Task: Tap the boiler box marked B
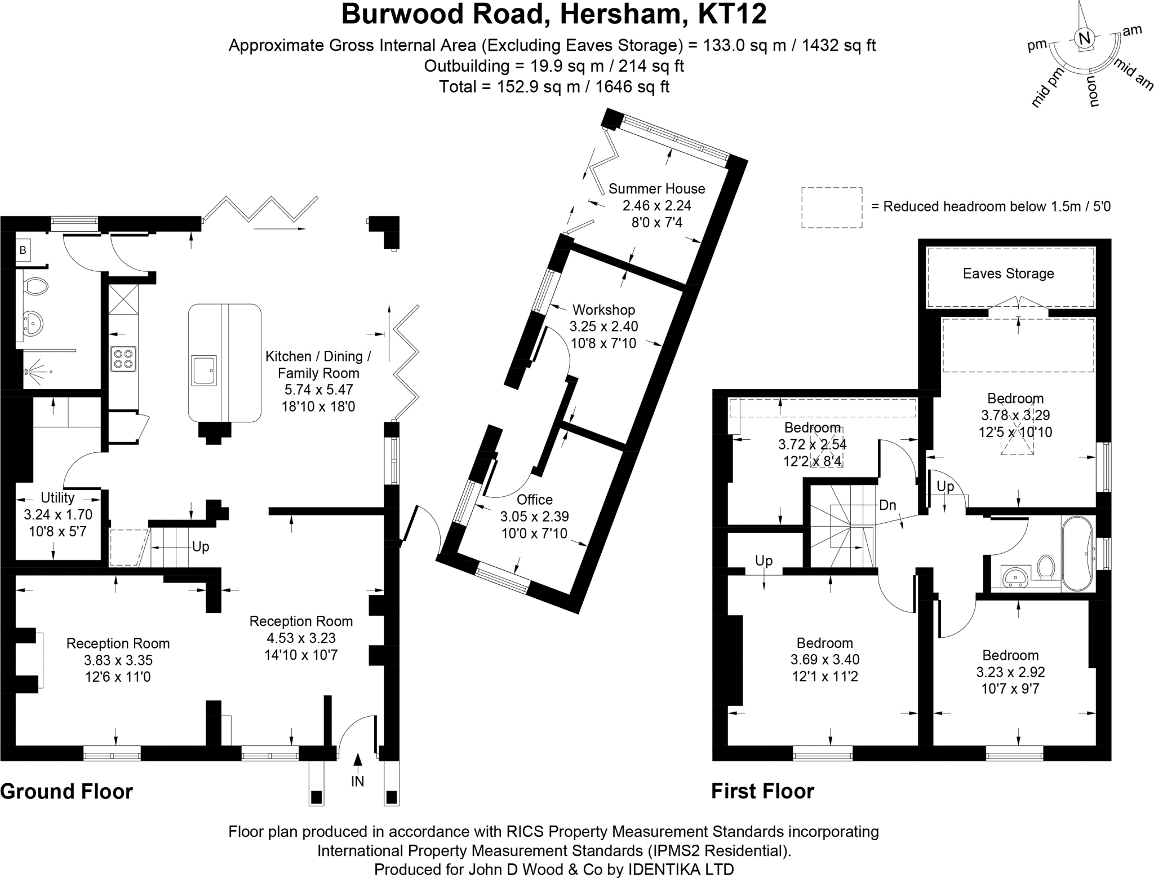[x=23, y=250]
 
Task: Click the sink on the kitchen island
[x=203, y=370]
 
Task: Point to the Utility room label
[x=57, y=498]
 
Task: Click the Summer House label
[x=656, y=188]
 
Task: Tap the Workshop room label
[x=603, y=310]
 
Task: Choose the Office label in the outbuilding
[x=534, y=500]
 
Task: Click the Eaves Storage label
[x=1008, y=273]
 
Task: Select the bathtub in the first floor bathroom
[x=1077, y=553]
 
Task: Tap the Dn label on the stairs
[x=887, y=505]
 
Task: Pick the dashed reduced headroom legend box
[x=832, y=208]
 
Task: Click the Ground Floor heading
[x=66, y=791]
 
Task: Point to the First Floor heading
[x=762, y=791]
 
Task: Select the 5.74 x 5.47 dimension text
[x=318, y=390]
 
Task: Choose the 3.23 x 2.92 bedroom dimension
[x=1010, y=672]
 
